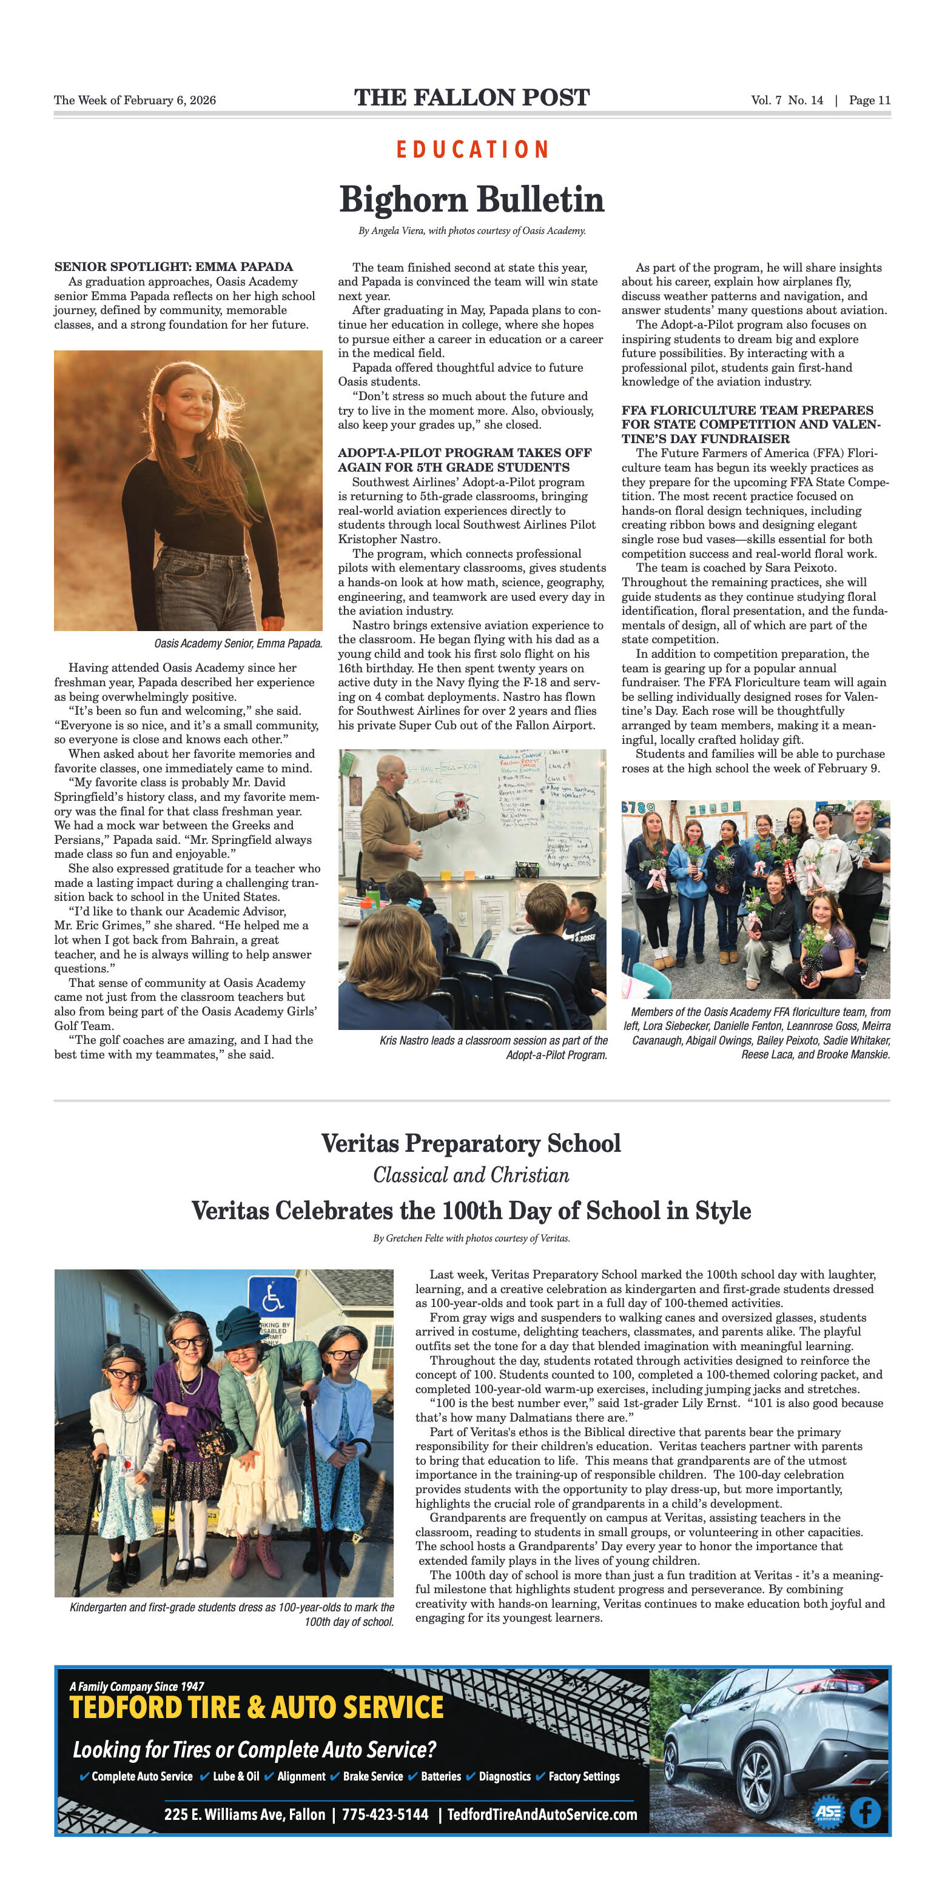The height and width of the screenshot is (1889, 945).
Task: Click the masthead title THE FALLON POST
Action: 472,98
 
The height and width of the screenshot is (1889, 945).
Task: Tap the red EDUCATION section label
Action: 472,150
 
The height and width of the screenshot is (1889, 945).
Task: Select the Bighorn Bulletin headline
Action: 472,199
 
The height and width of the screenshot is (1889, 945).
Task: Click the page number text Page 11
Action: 869,101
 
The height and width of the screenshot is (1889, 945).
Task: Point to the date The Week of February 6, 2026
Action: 135,101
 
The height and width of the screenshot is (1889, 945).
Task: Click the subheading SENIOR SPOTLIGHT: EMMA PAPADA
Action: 173,267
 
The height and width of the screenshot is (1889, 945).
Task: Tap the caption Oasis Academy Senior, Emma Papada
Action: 238,643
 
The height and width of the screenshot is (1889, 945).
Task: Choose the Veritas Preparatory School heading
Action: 471,1143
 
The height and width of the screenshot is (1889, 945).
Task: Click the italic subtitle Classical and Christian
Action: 471,1175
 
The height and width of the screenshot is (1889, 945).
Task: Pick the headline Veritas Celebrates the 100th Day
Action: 471,1210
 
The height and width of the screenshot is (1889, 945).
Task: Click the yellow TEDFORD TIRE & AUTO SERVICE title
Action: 257,1708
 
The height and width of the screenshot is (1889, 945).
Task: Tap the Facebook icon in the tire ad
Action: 865,1812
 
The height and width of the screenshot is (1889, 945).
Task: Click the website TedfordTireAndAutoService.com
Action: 542,1814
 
